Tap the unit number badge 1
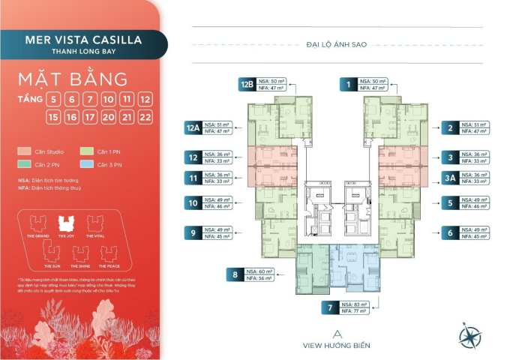pyautogui.click(x=348, y=85)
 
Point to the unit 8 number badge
pyautogui.click(x=235, y=274)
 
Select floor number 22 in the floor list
pyautogui.click(x=146, y=117)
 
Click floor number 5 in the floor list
pyautogui.click(x=52, y=99)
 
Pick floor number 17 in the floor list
pyautogui.click(x=90, y=117)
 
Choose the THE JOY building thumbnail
pyautogui.click(x=65, y=223)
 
